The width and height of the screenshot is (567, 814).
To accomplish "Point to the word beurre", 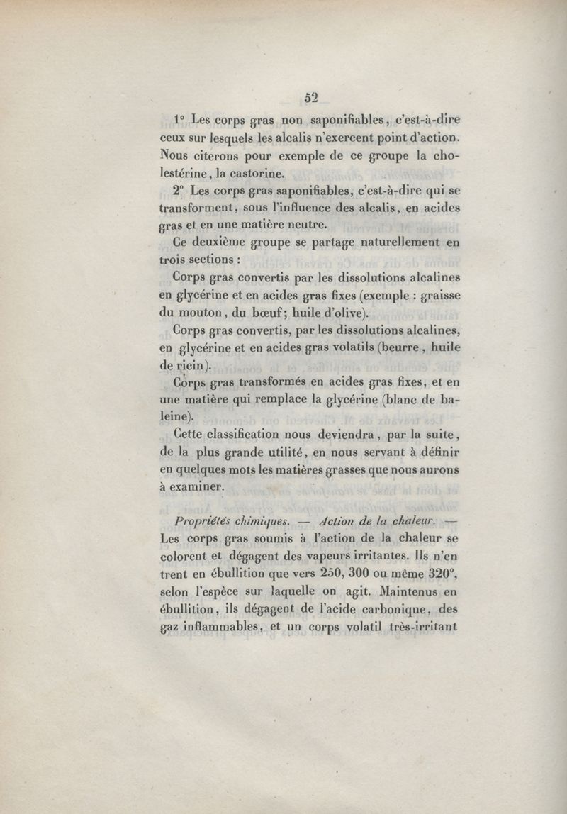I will (x=406, y=348).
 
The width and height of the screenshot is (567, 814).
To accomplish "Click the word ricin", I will (x=190, y=366).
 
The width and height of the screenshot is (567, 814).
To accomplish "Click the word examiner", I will (x=196, y=487).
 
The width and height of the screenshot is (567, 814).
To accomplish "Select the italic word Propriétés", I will (x=197, y=522).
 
